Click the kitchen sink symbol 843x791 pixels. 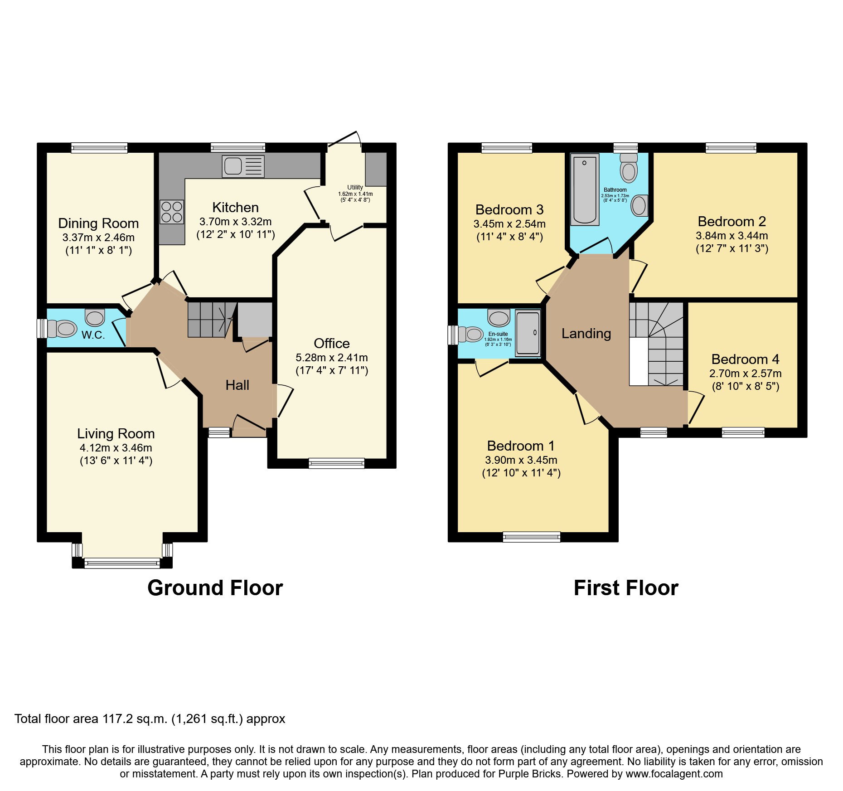243,166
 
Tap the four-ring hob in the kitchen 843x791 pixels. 172,212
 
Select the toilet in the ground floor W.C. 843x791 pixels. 63,329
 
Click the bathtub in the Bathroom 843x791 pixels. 585,189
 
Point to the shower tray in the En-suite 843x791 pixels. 528,332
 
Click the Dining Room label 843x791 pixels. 98,223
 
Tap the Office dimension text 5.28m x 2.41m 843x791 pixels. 332,358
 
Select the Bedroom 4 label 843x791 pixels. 745,359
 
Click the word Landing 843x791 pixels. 586,334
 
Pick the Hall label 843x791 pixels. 237,385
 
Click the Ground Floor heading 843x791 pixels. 215,588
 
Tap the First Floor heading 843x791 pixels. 625,588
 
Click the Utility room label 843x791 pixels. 355,187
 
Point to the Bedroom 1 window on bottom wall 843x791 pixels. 531,537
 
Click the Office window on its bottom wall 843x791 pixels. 336,463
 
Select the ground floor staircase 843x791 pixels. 210,320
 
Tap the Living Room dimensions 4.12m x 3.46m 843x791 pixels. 116,448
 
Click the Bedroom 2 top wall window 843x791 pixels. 731,148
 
